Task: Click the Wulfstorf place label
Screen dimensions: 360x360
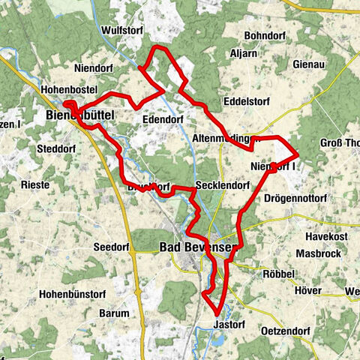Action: tap(121, 30)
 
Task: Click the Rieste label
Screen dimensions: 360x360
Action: tap(34, 184)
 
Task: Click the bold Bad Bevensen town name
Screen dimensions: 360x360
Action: tap(198, 247)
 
